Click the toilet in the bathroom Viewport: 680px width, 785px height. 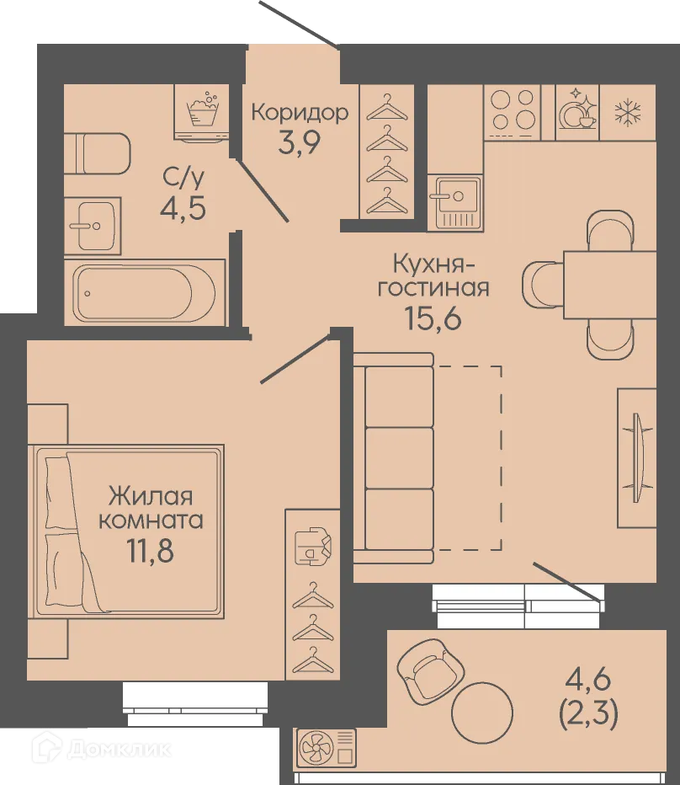[99, 152]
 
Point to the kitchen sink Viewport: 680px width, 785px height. [455, 203]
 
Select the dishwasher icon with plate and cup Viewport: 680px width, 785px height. [578, 111]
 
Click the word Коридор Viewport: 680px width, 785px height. [299, 113]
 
